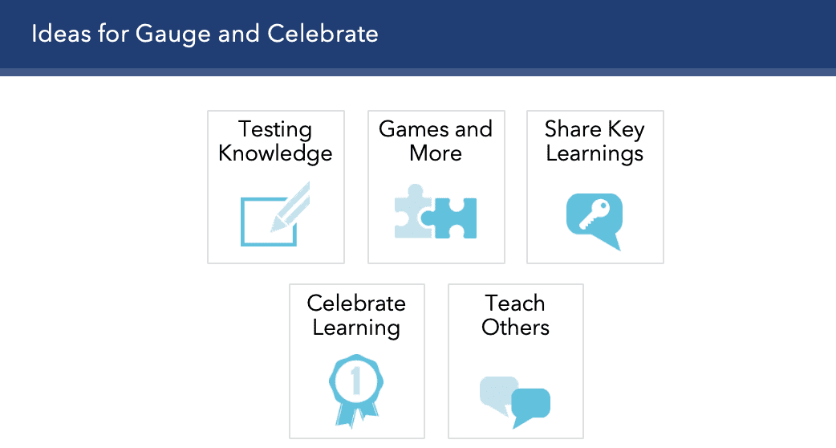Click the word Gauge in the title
tap(172, 35)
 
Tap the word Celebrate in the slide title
tap(323, 34)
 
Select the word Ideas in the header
tap(61, 34)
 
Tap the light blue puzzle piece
tap(412, 212)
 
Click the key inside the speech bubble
tap(594, 214)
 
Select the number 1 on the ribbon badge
tap(356, 381)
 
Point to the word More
tap(436, 153)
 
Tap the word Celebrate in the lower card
tap(356, 303)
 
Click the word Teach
tap(515, 303)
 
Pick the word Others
tap(515, 328)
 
